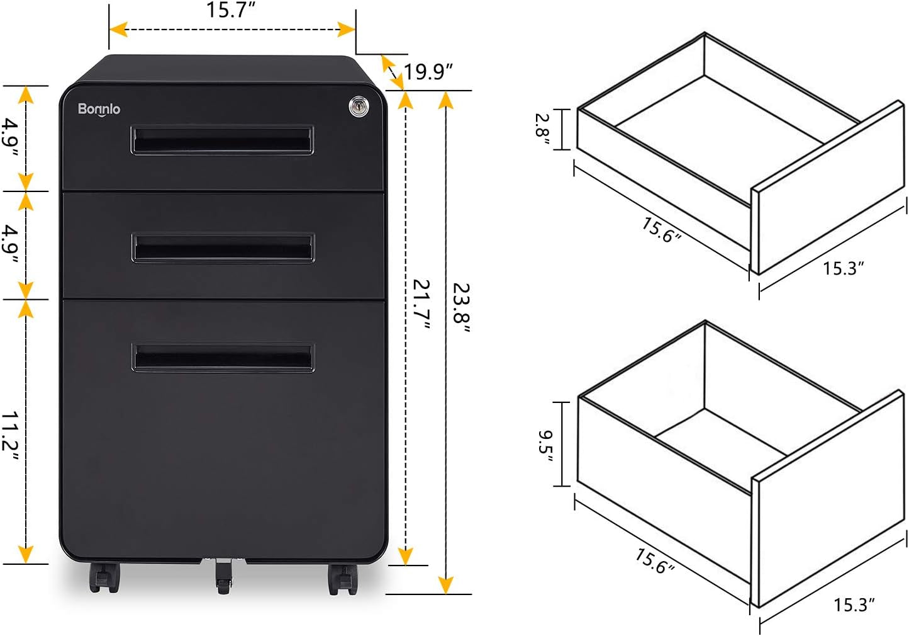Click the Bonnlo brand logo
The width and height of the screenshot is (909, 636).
click(x=99, y=109)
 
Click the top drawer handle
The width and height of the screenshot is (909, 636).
click(x=222, y=140)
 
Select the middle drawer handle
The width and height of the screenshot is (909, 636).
click(x=223, y=247)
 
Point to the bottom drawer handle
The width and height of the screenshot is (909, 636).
click(x=223, y=357)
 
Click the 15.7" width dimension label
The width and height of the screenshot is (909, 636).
click(x=231, y=11)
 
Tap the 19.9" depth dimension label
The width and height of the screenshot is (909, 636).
click(x=428, y=72)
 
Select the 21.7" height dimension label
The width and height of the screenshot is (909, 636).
click(x=422, y=304)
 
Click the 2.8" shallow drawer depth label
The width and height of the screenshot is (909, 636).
click(x=543, y=129)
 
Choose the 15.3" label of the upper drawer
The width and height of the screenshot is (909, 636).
click(x=843, y=268)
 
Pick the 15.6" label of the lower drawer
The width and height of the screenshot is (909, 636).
click(x=654, y=560)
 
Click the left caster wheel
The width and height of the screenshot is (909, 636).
click(x=104, y=576)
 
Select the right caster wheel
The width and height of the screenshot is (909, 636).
click(x=342, y=579)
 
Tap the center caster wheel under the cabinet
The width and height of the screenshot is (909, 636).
click(x=224, y=576)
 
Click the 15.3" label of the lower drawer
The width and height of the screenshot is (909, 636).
click(x=854, y=605)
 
